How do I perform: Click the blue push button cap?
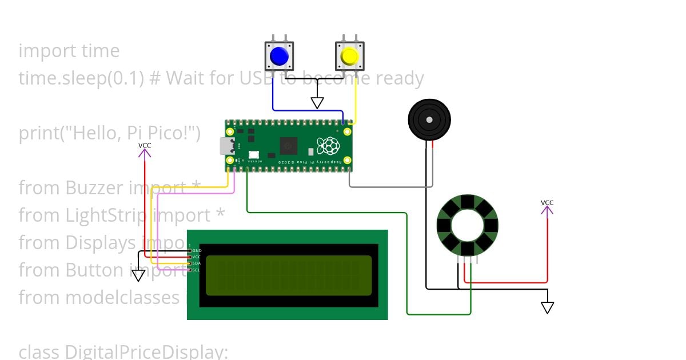point(279,56)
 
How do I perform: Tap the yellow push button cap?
point(349,56)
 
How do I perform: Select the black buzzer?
point(429,119)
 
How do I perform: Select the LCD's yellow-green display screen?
point(288,275)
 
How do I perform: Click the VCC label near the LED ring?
point(547,203)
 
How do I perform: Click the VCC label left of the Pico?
point(145,146)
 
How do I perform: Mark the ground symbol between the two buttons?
point(317,103)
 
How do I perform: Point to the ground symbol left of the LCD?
point(138,276)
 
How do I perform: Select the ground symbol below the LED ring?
point(548,307)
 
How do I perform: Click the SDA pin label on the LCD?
point(197,263)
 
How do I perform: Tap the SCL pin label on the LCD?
point(197,270)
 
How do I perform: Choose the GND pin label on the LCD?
point(197,251)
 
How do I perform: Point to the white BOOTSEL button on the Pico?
point(254,154)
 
